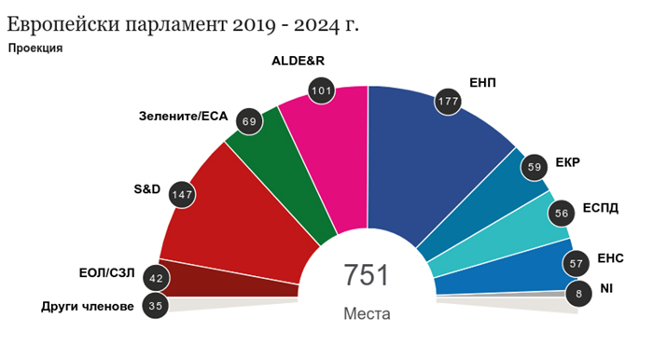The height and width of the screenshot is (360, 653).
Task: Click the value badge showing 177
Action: (x=448, y=101)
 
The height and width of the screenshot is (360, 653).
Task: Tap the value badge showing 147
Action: (x=182, y=194)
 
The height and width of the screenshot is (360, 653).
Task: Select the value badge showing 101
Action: (x=322, y=90)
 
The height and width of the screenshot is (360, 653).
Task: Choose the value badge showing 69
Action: (x=249, y=121)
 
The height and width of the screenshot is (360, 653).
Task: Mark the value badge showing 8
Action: (x=578, y=294)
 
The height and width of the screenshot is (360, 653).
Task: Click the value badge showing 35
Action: (x=156, y=306)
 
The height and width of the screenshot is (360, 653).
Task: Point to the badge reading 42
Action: (x=156, y=278)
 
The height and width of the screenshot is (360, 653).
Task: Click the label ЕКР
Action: (x=567, y=162)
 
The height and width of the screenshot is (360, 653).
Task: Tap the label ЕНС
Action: (x=610, y=258)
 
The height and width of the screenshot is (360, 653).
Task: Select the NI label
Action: (x=606, y=288)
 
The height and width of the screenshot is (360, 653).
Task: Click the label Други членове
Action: (x=88, y=307)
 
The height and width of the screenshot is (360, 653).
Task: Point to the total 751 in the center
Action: (x=367, y=275)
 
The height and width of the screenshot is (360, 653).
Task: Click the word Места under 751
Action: (x=367, y=313)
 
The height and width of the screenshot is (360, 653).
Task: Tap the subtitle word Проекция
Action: (x=35, y=48)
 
